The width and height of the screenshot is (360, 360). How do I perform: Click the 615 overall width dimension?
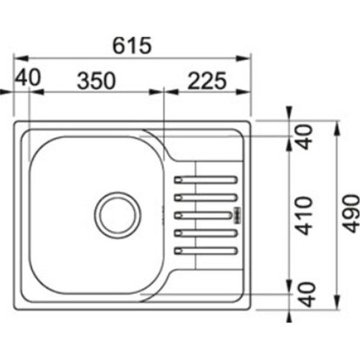point(132,45)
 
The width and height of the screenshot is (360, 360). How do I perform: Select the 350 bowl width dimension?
point(96,81)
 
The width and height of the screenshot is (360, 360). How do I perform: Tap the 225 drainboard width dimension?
point(207,81)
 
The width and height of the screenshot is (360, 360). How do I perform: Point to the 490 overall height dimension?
point(351,214)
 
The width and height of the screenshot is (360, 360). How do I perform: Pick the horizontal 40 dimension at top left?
point(28,77)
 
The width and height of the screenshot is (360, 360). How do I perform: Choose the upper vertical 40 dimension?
point(305,137)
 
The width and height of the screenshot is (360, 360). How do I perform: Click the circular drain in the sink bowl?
point(117,215)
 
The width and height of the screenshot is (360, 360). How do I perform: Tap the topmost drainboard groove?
point(206,180)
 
